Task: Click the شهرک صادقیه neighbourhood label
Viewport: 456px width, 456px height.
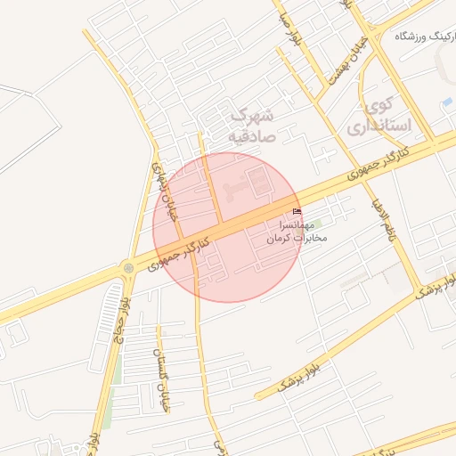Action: pyautogui.click(x=252, y=126)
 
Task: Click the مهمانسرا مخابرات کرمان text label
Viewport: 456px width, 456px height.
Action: pyautogui.click(x=297, y=232)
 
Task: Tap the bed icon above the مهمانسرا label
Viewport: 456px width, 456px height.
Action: pyautogui.click(x=297, y=211)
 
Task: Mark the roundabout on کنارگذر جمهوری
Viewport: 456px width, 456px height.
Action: pyautogui.click(x=129, y=267)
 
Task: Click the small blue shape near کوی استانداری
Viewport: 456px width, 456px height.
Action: pyautogui.click(x=447, y=102)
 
